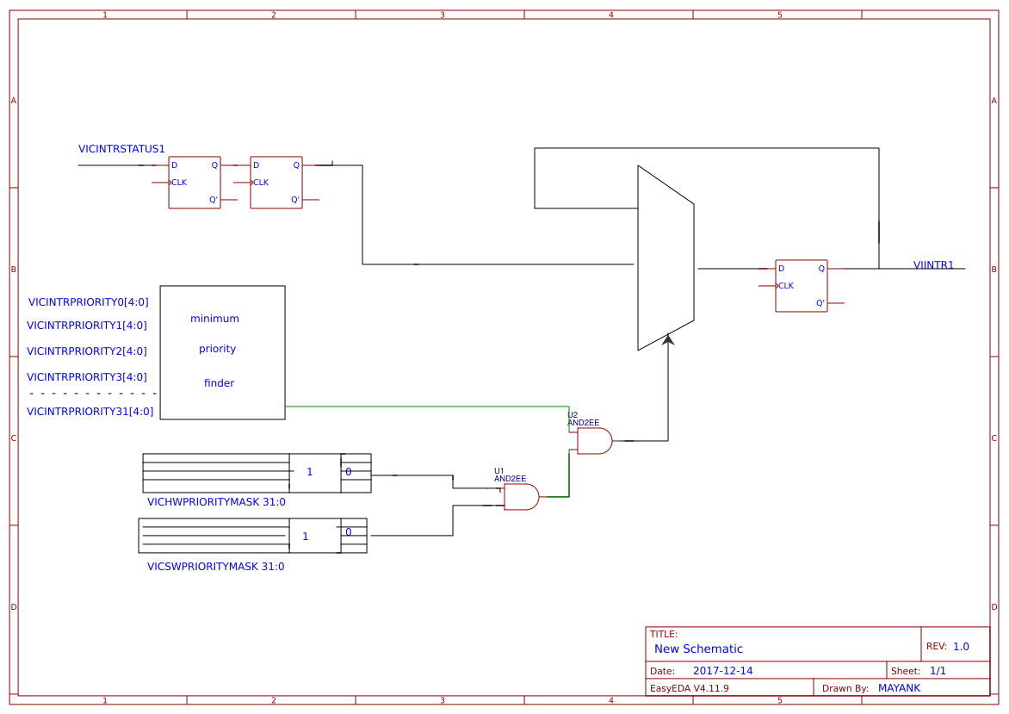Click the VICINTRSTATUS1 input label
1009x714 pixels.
pos(121,149)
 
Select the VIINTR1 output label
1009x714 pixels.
pos(933,265)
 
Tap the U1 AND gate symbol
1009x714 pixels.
pos(521,497)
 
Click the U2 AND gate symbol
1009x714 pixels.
pos(594,441)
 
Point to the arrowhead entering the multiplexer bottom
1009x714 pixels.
pos(668,340)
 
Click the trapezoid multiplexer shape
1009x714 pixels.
pos(665,258)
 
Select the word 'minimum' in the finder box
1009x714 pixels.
pos(214,319)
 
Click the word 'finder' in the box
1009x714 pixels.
pos(219,383)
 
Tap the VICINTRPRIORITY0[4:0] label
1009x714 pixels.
pos(88,302)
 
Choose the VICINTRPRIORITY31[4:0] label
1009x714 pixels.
pos(90,412)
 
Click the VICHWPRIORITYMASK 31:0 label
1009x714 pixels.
pos(216,502)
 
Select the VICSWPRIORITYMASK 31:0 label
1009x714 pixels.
pos(215,567)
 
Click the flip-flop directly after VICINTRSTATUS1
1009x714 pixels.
pos(195,183)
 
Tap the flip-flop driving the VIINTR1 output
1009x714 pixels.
pos(801,286)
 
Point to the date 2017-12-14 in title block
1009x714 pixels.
pos(722,671)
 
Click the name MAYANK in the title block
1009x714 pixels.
pos(899,688)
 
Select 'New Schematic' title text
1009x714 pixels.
pos(698,649)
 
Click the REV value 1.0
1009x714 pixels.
pos(961,647)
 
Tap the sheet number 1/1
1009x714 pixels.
pos(938,671)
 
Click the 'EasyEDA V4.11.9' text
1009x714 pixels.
pos(689,688)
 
